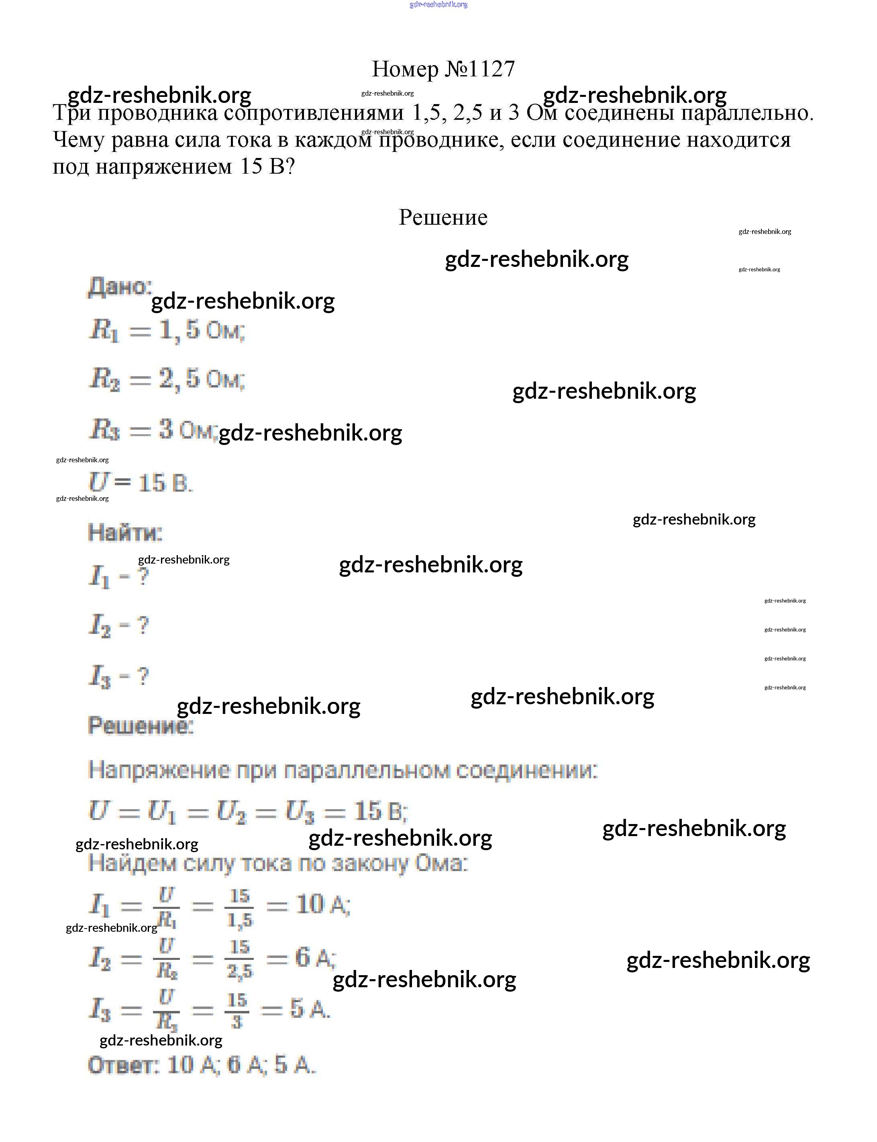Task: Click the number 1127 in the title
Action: click(492, 69)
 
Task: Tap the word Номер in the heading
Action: click(405, 69)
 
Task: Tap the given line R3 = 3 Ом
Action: click(151, 430)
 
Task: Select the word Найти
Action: click(125, 533)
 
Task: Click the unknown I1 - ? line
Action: click(119, 577)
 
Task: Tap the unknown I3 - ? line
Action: click(119, 677)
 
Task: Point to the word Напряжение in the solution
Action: click(159, 770)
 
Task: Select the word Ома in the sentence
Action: click(441, 863)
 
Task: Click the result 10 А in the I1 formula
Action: click(322, 904)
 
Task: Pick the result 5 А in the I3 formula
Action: click(310, 1009)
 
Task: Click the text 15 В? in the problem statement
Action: click(267, 167)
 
